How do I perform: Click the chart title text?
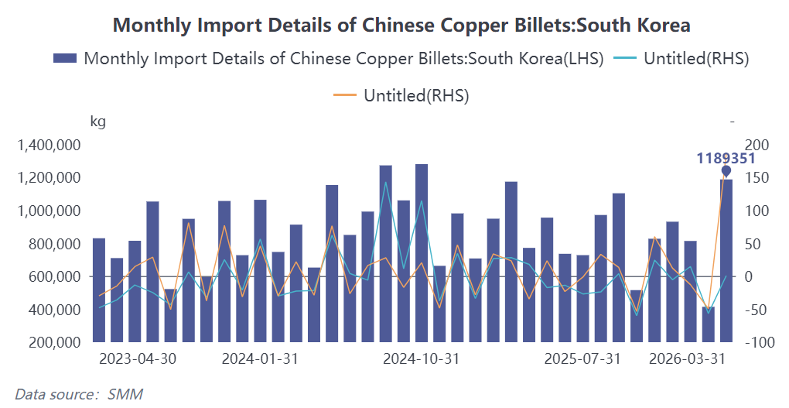pos(401,25)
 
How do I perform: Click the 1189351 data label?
pos(726,158)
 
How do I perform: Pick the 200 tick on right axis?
pos(753,146)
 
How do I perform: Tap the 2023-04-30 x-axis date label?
pos(138,359)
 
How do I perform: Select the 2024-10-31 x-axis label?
pos(422,359)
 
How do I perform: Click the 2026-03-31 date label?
pos(687,359)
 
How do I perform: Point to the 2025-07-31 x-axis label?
pos(582,359)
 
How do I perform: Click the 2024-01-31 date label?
pos(260,359)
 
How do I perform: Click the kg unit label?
pos(98,122)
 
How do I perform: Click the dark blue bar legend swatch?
pos(65,58)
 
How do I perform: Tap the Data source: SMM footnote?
pos(79,393)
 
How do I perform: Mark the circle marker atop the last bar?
pos(726,170)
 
